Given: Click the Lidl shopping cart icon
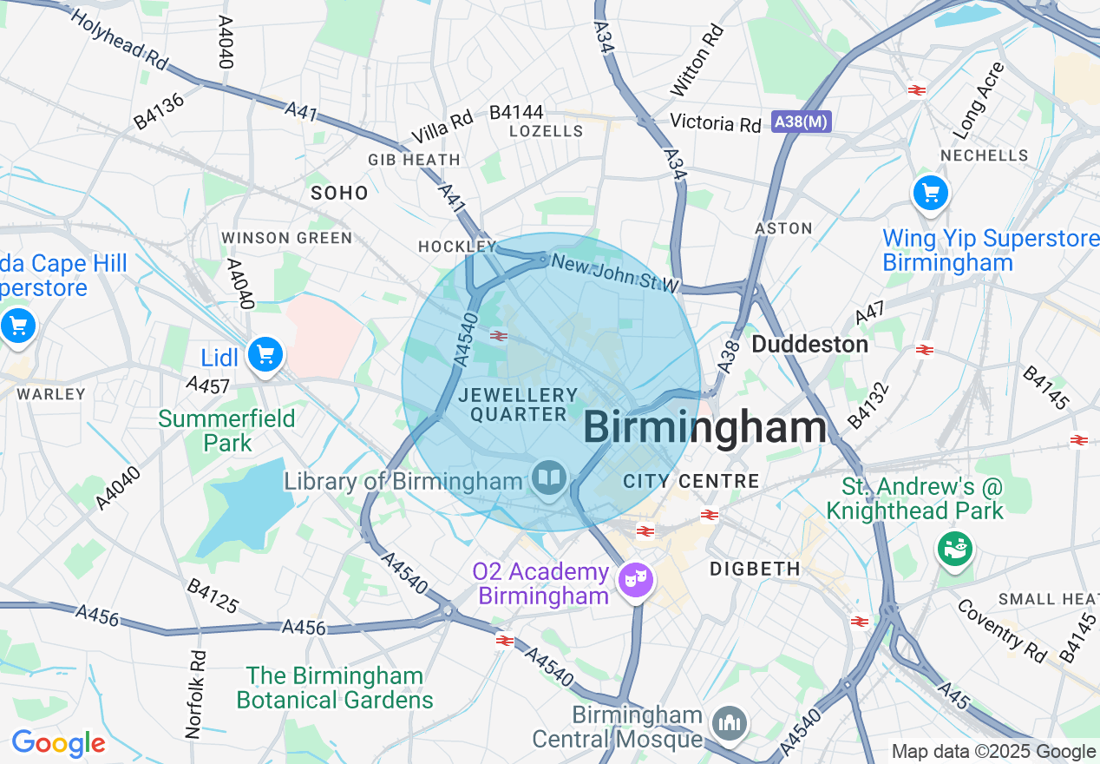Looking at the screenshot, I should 265,355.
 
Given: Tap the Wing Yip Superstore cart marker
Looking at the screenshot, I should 931,192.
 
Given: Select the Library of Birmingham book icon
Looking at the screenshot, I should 549,478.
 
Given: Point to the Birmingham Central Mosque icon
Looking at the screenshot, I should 730,722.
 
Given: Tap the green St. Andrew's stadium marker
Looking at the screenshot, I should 954,548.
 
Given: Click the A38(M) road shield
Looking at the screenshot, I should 801,122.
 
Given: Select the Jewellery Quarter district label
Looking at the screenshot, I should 519,405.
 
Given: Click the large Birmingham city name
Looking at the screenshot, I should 704,428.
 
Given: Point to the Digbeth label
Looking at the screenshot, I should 755,570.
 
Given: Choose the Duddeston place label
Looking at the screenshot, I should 809,345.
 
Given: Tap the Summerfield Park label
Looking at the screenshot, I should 226,431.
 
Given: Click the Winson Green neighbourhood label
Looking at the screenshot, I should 286,238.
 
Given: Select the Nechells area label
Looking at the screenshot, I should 985,155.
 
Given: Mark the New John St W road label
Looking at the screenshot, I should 614,273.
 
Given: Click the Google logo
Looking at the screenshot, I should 58,744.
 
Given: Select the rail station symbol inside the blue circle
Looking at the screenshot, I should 498,336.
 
